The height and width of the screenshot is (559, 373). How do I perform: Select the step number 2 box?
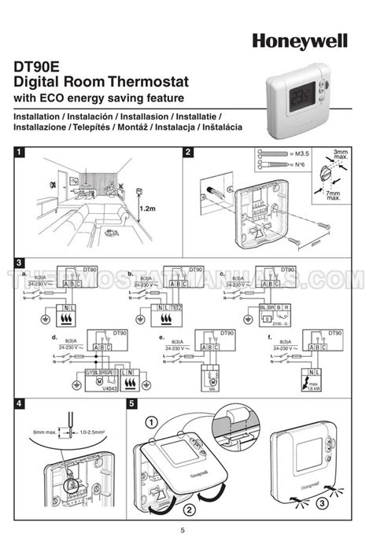[189, 153]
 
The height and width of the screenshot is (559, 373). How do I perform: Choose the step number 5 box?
[133, 403]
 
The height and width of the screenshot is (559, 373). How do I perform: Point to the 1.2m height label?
[148, 209]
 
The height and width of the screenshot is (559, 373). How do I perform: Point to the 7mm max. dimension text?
[334, 195]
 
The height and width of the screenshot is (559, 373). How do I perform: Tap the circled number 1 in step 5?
[149, 423]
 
